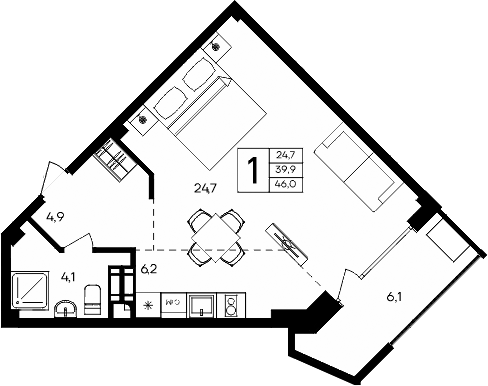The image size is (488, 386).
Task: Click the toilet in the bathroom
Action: pos(92,298)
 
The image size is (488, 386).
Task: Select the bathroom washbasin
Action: pos(65,307)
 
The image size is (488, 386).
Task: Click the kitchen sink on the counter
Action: pos(200,303)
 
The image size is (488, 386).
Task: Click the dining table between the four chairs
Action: pos(216,232)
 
